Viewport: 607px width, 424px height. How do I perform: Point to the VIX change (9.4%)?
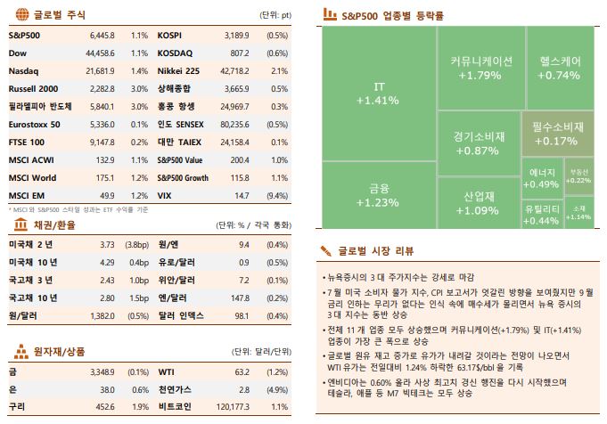[x=276, y=194]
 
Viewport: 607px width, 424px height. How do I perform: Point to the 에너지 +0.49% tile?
[x=542, y=178]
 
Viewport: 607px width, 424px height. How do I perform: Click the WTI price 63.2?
[x=242, y=371]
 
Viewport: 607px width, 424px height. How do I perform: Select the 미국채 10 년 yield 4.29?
[x=107, y=263]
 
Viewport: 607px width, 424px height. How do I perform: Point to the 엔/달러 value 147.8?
[x=239, y=298]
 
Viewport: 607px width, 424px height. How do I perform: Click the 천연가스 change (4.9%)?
[x=276, y=389]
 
